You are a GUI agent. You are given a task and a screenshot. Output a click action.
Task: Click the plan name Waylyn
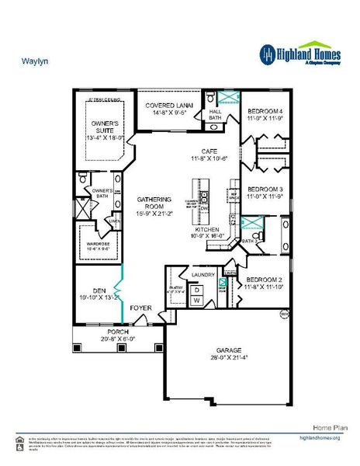click(31, 58)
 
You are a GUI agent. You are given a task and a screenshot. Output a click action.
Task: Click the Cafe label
click(209, 151)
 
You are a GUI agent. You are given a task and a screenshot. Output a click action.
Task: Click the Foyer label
click(140, 308)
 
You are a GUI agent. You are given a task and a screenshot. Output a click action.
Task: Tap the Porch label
click(118, 332)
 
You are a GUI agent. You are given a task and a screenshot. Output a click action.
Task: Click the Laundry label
click(202, 274)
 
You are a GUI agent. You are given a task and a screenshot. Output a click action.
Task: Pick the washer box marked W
click(196, 299)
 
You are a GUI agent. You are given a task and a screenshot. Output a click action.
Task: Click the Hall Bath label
click(216, 115)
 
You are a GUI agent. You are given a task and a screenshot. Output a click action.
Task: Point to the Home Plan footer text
click(324, 428)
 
